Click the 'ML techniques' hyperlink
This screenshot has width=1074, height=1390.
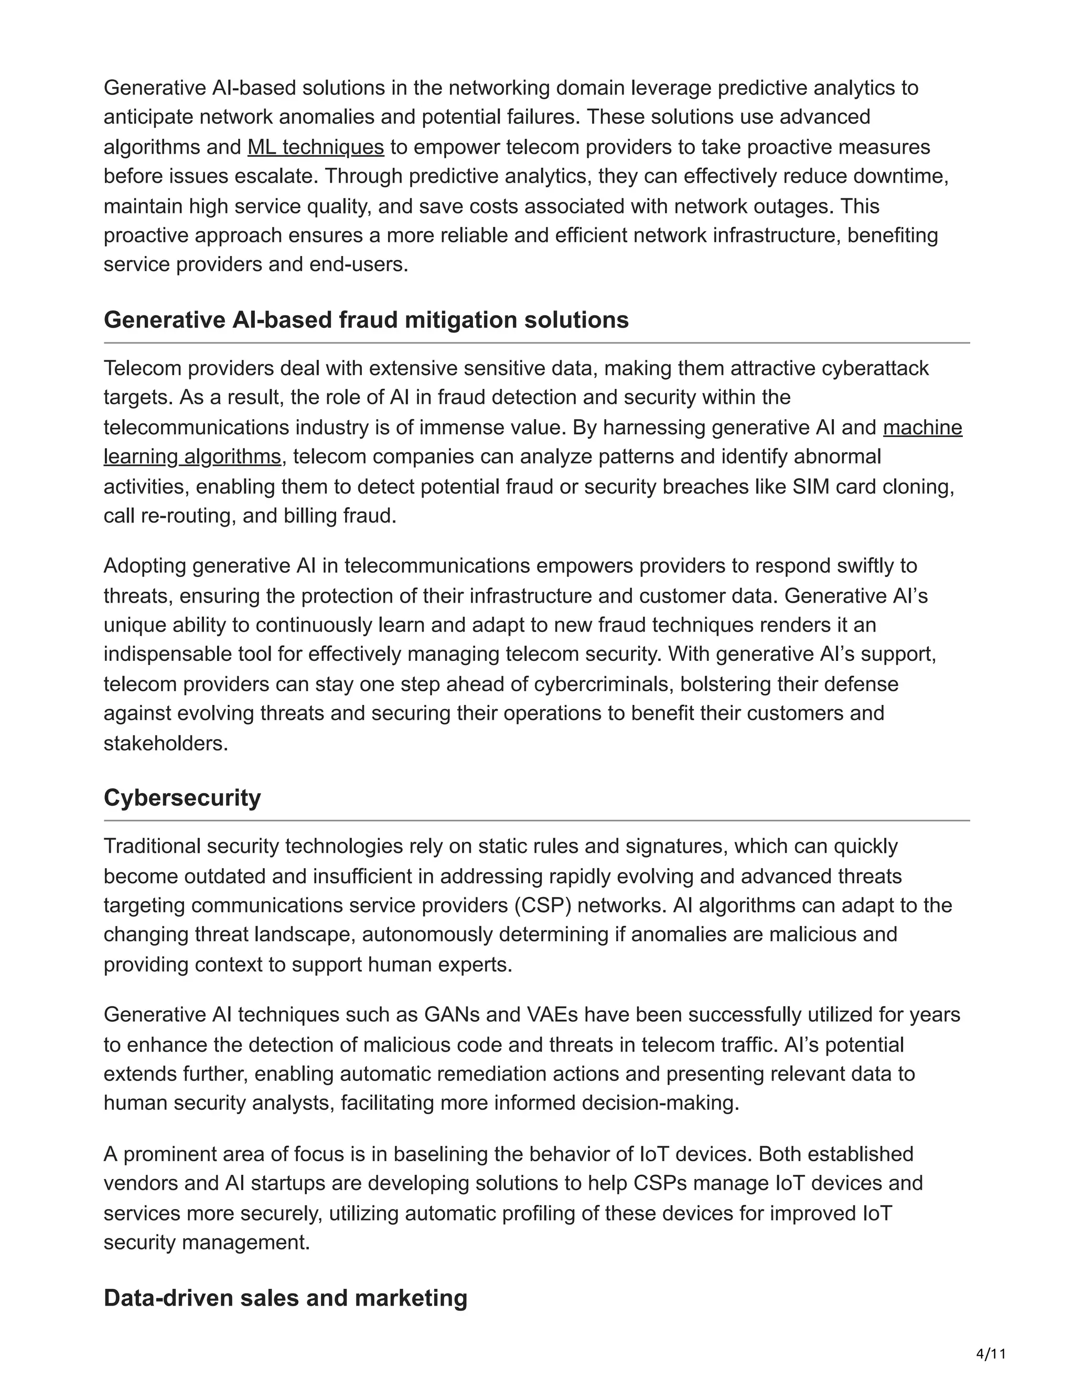pos(316,147)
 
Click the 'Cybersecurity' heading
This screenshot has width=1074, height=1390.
pos(182,797)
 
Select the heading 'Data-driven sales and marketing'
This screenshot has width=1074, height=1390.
pos(285,1298)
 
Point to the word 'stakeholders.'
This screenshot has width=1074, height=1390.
pos(165,743)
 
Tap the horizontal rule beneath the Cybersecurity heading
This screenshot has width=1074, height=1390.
pos(536,821)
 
